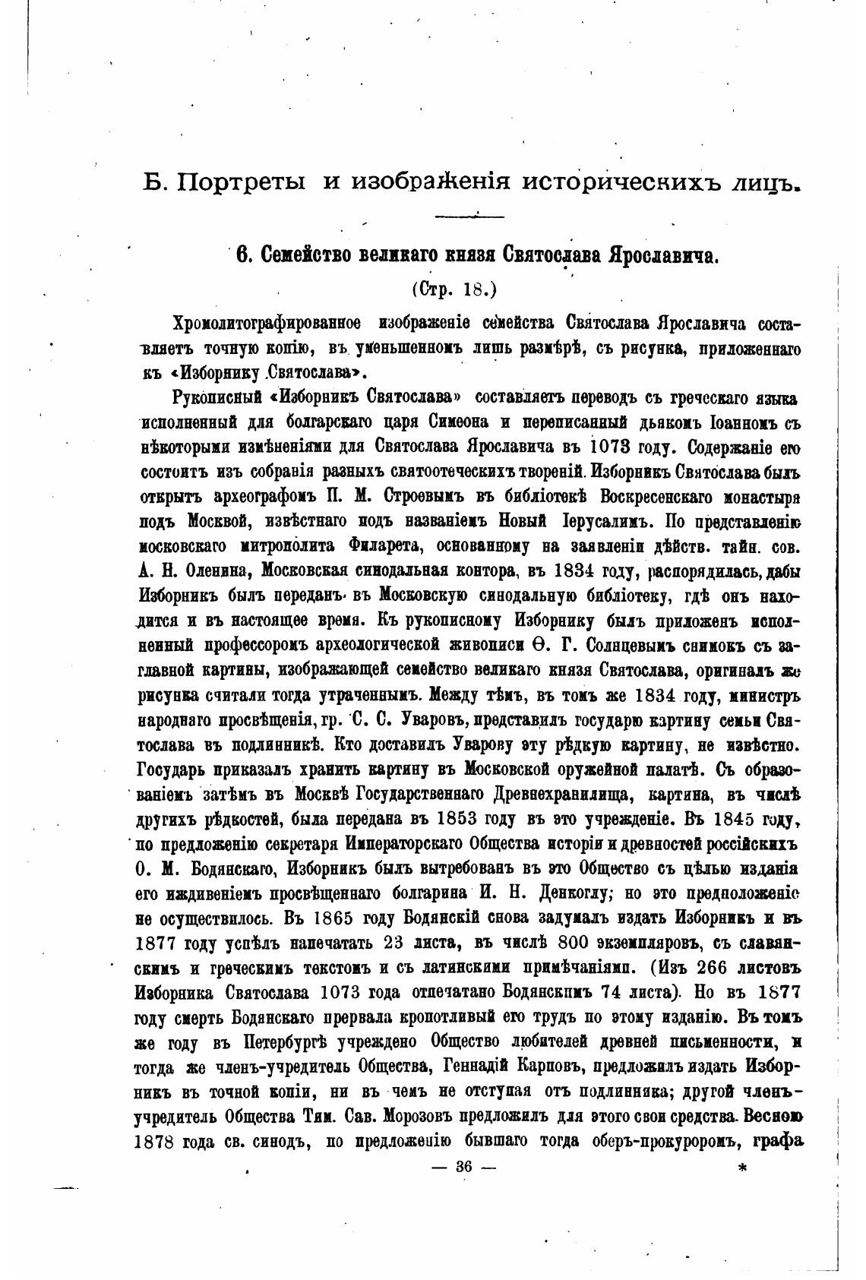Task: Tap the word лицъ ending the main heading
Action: [762, 182]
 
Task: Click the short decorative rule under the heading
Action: [469, 217]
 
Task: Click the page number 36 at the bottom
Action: [463, 1169]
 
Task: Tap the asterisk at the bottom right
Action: [742, 1169]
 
